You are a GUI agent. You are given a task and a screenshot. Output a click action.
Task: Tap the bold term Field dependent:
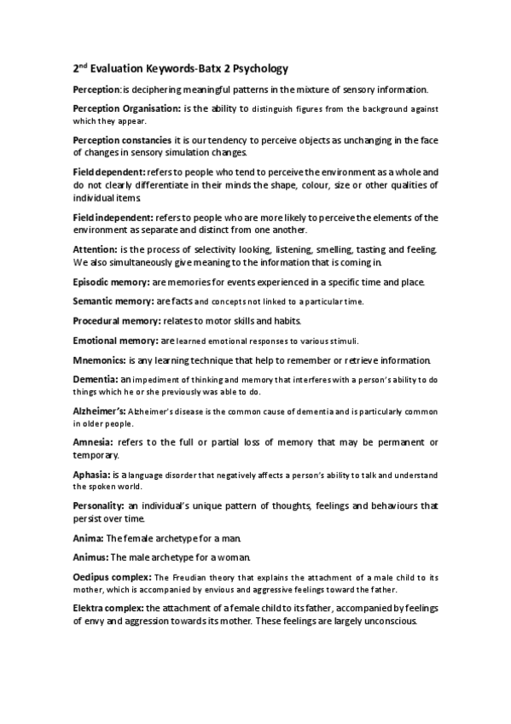[107, 172]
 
